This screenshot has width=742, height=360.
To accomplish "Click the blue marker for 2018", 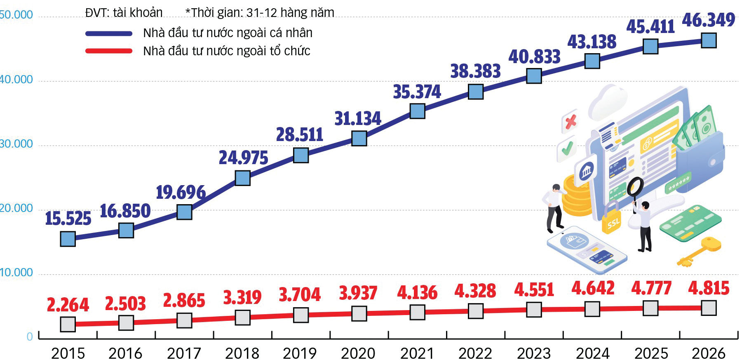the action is pyautogui.click(x=242, y=178).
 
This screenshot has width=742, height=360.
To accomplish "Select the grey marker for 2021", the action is pyautogui.click(x=417, y=312).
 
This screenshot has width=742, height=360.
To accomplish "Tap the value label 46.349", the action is pyautogui.click(x=708, y=20).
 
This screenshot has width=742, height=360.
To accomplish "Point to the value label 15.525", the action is pyautogui.click(x=68, y=218).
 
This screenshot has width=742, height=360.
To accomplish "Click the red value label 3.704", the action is pyautogui.click(x=300, y=294).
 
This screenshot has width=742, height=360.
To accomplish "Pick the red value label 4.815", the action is pyautogui.click(x=709, y=288).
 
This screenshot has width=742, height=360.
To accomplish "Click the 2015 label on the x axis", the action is pyautogui.click(x=68, y=353).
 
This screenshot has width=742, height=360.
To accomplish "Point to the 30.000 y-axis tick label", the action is pyautogui.click(x=16, y=144).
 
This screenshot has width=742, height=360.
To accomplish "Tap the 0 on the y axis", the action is pyautogui.click(x=30, y=337).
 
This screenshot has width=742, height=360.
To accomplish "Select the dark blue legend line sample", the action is pyautogui.click(x=109, y=33).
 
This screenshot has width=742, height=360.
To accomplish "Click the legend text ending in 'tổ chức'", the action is pyautogui.click(x=226, y=51).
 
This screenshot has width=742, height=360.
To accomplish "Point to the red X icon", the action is pyautogui.click(x=571, y=122).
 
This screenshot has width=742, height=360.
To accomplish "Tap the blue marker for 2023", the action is pyautogui.click(x=534, y=76).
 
